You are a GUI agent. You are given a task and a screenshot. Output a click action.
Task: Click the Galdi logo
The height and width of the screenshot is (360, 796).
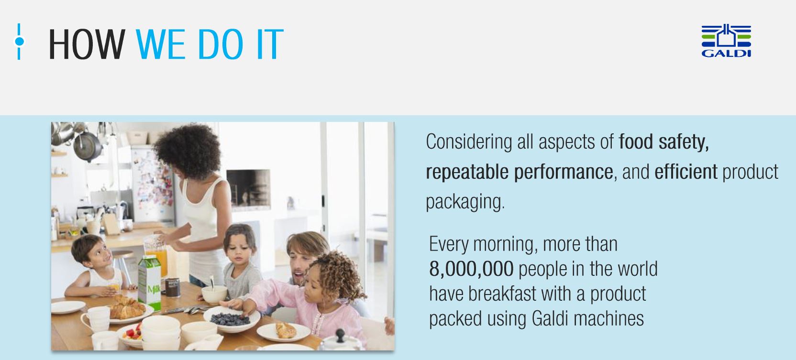pyautogui.click(x=726, y=41)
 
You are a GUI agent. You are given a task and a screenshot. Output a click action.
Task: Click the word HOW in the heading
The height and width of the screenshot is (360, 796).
pyautogui.click(x=87, y=44)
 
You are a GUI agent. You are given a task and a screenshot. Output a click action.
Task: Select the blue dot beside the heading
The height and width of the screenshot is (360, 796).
pyautogui.click(x=19, y=42)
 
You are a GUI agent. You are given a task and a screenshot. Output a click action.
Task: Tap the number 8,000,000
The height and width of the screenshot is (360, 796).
pyautogui.click(x=471, y=269)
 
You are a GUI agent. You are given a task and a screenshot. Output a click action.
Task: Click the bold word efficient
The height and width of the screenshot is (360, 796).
pyautogui.click(x=686, y=172)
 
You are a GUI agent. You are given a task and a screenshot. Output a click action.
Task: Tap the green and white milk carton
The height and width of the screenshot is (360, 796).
pyautogui.click(x=150, y=282)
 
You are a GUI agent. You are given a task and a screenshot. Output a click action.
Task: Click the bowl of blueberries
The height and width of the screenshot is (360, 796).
pyautogui.click(x=232, y=319)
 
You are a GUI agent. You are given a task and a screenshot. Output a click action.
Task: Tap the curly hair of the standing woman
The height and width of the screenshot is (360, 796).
pyautogui.click(x=188, y=151)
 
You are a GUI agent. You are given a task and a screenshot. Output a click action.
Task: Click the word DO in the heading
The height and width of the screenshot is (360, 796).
pyautogui.click(x=221, y=44)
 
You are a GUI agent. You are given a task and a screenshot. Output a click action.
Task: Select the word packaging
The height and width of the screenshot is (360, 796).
pyautogui.click(x=465, y=202)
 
